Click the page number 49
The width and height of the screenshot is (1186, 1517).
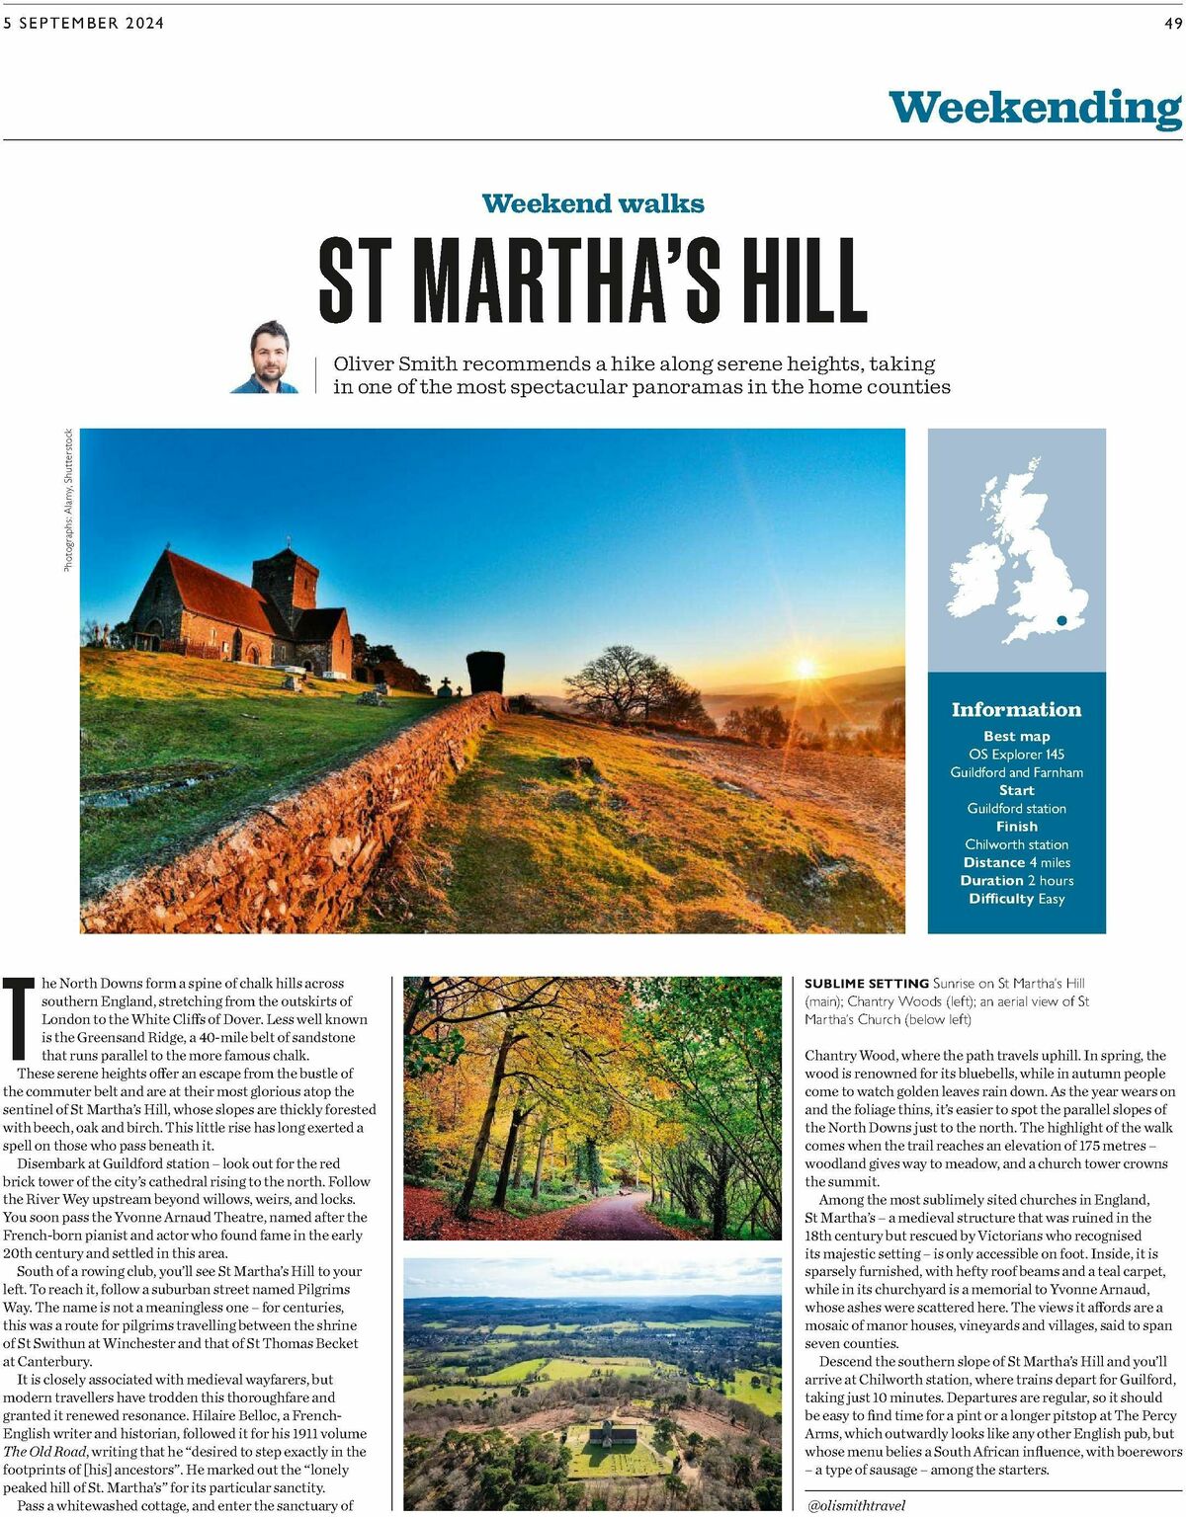point(1172,23)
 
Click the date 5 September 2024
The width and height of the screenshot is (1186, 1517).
point(84,23)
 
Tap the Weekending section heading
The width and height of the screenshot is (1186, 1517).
point(1034,108)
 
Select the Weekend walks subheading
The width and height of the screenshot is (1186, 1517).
point(593,203)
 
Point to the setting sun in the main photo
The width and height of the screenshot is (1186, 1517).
point(805,669)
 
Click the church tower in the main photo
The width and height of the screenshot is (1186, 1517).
point(285,586)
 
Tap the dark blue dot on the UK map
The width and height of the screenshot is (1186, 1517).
point(1061,620)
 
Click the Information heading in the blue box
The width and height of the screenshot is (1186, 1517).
point(1016,709)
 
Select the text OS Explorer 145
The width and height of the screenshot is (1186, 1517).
point(1016,755)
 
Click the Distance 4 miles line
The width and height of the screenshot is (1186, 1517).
point(1016,862)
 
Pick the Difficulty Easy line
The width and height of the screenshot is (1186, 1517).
point(1016,899)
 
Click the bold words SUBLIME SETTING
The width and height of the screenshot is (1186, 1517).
point(866,984)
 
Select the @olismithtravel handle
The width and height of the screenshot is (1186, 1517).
point(856,1505)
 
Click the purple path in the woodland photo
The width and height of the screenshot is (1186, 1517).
point(613,1218)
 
